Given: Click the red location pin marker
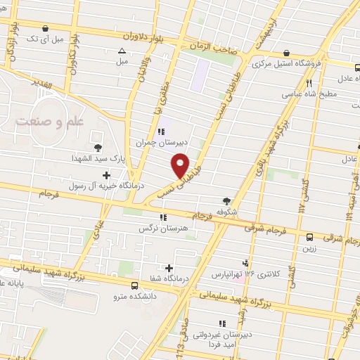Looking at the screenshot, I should pyautogui.click(x=181, y=165).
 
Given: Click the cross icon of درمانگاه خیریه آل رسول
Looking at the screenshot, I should pyautogui.click(x=106, y=175).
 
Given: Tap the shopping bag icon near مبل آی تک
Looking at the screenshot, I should pyautogui.click(x=46, y=29).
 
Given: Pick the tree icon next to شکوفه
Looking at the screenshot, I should pyautogui.click(x=226, y=181).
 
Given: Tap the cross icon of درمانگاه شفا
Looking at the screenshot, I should pyautogui.click(x=169, y=268).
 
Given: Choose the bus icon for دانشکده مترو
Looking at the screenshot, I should pyautogui.click(x=134, y=285).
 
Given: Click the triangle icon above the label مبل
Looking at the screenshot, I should pyautogui.click(x=122, y=50).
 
